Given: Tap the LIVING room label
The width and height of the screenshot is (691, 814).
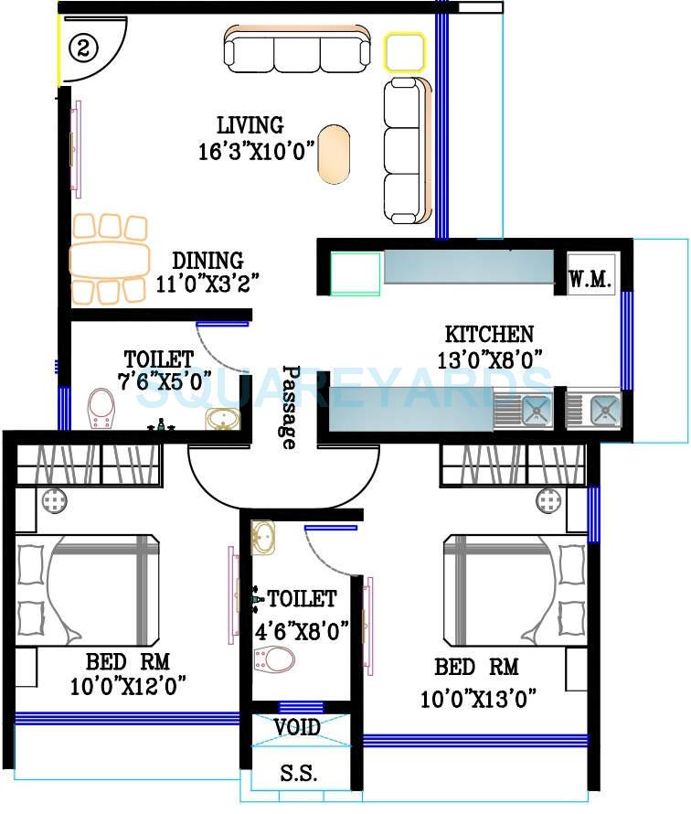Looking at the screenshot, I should click(x=250, y=124).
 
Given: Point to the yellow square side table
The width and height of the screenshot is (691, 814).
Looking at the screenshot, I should click(x=404, y=54).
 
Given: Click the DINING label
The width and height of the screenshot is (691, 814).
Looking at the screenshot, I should click(x=207, y=261).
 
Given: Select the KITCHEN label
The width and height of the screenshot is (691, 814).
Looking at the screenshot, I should click(x=489, y=334).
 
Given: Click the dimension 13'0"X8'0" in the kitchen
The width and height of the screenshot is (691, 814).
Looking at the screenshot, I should click(x=489, y=359).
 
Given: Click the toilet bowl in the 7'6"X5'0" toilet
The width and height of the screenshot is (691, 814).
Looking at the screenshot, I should click(x=101, y=408).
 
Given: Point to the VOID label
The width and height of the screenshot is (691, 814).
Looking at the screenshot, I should click(x=298, y=728).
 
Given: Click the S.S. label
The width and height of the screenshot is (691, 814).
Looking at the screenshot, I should click(x=298, y=774).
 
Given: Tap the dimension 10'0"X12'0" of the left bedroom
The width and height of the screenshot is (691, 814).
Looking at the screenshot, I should click(x=128, y=685).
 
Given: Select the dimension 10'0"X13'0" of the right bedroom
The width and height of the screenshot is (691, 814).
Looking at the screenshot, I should click(x=478, y=700).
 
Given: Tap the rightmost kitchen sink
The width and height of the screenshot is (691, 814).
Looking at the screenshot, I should click(x=603, y=410).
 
